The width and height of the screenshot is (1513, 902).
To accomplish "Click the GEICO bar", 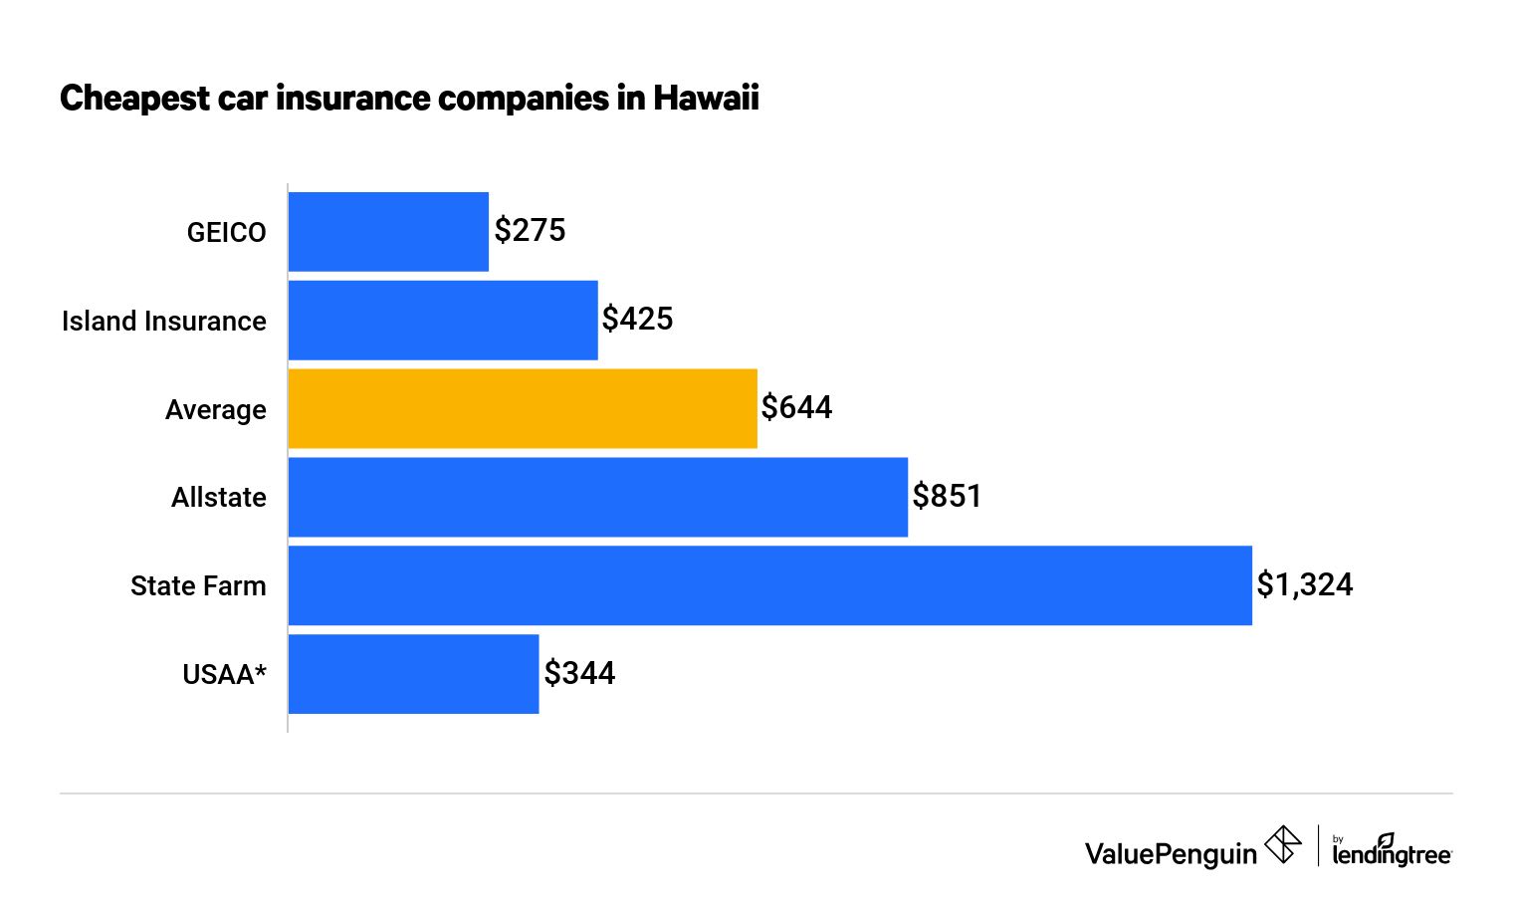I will click(388, 232).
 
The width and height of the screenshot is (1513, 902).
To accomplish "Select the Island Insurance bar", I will click(443, 321).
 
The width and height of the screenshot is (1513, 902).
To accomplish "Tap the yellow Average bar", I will click(523, 409).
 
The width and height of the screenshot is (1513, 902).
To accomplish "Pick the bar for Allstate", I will click(597, 498).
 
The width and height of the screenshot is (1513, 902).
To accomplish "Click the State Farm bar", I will click(769, 585).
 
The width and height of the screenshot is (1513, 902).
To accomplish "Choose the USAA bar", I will click(413, 674).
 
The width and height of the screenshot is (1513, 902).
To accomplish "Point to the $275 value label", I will click(530, 231).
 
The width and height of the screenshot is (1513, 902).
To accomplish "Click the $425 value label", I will click(637, 320).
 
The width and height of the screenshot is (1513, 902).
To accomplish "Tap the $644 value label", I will click(796, 408).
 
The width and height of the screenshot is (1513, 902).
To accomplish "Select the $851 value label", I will click(947, 497).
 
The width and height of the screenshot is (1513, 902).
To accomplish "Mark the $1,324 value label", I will click(1304, 584).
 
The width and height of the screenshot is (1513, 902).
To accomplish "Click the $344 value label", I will click(579, 674).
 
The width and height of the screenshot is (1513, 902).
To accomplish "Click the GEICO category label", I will click(226, 233).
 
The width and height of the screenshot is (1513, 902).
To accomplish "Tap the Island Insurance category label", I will click(164, 322).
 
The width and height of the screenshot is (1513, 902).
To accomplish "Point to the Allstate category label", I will click(218, 498).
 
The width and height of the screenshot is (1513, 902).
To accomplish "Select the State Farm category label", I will click(198, 586).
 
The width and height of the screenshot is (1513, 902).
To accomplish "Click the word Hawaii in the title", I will click(706, 99).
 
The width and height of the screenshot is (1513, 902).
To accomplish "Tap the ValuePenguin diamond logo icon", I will click(1282, 845).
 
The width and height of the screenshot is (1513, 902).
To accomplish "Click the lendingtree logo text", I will click(1392, 853).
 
